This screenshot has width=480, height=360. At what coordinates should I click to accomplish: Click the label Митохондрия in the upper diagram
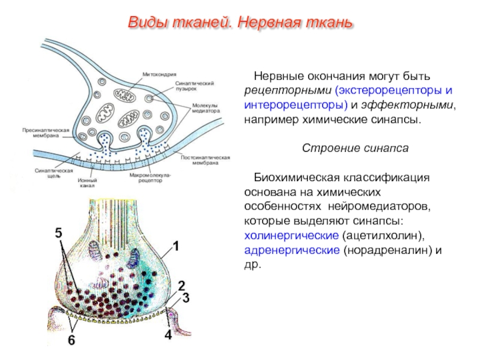coord(159,74)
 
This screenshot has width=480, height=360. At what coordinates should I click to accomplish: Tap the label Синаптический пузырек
coord(194,86)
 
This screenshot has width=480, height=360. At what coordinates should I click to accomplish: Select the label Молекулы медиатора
coord(206,108)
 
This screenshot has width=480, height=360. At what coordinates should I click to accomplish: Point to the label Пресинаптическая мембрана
coord(46,133)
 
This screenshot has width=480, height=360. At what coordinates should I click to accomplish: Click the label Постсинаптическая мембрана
coord(205,160)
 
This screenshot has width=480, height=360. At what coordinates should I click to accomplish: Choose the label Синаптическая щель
coord(54,173)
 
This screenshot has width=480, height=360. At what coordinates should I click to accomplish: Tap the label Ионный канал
coord(87,183)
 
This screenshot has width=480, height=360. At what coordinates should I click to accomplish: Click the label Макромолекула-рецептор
coord(151,178)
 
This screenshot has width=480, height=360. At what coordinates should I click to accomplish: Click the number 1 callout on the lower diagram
coord(176,246)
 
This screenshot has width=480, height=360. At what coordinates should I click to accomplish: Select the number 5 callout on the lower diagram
coord(59,233)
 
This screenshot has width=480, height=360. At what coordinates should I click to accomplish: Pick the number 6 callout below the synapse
coord(71,340)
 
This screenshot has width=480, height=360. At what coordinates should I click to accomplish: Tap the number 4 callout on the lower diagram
coord(168,335)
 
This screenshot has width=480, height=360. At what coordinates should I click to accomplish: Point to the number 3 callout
coord(186,298)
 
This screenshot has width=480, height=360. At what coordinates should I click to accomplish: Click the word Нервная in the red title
coord(269,22)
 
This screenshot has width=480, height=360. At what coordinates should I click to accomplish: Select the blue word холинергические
coord(292,236)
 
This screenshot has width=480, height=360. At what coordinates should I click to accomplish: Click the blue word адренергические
coord(292,250)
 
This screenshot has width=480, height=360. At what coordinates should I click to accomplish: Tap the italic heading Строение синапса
coord(355,148)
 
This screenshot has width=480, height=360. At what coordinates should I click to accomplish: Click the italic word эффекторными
coord(407,105)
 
